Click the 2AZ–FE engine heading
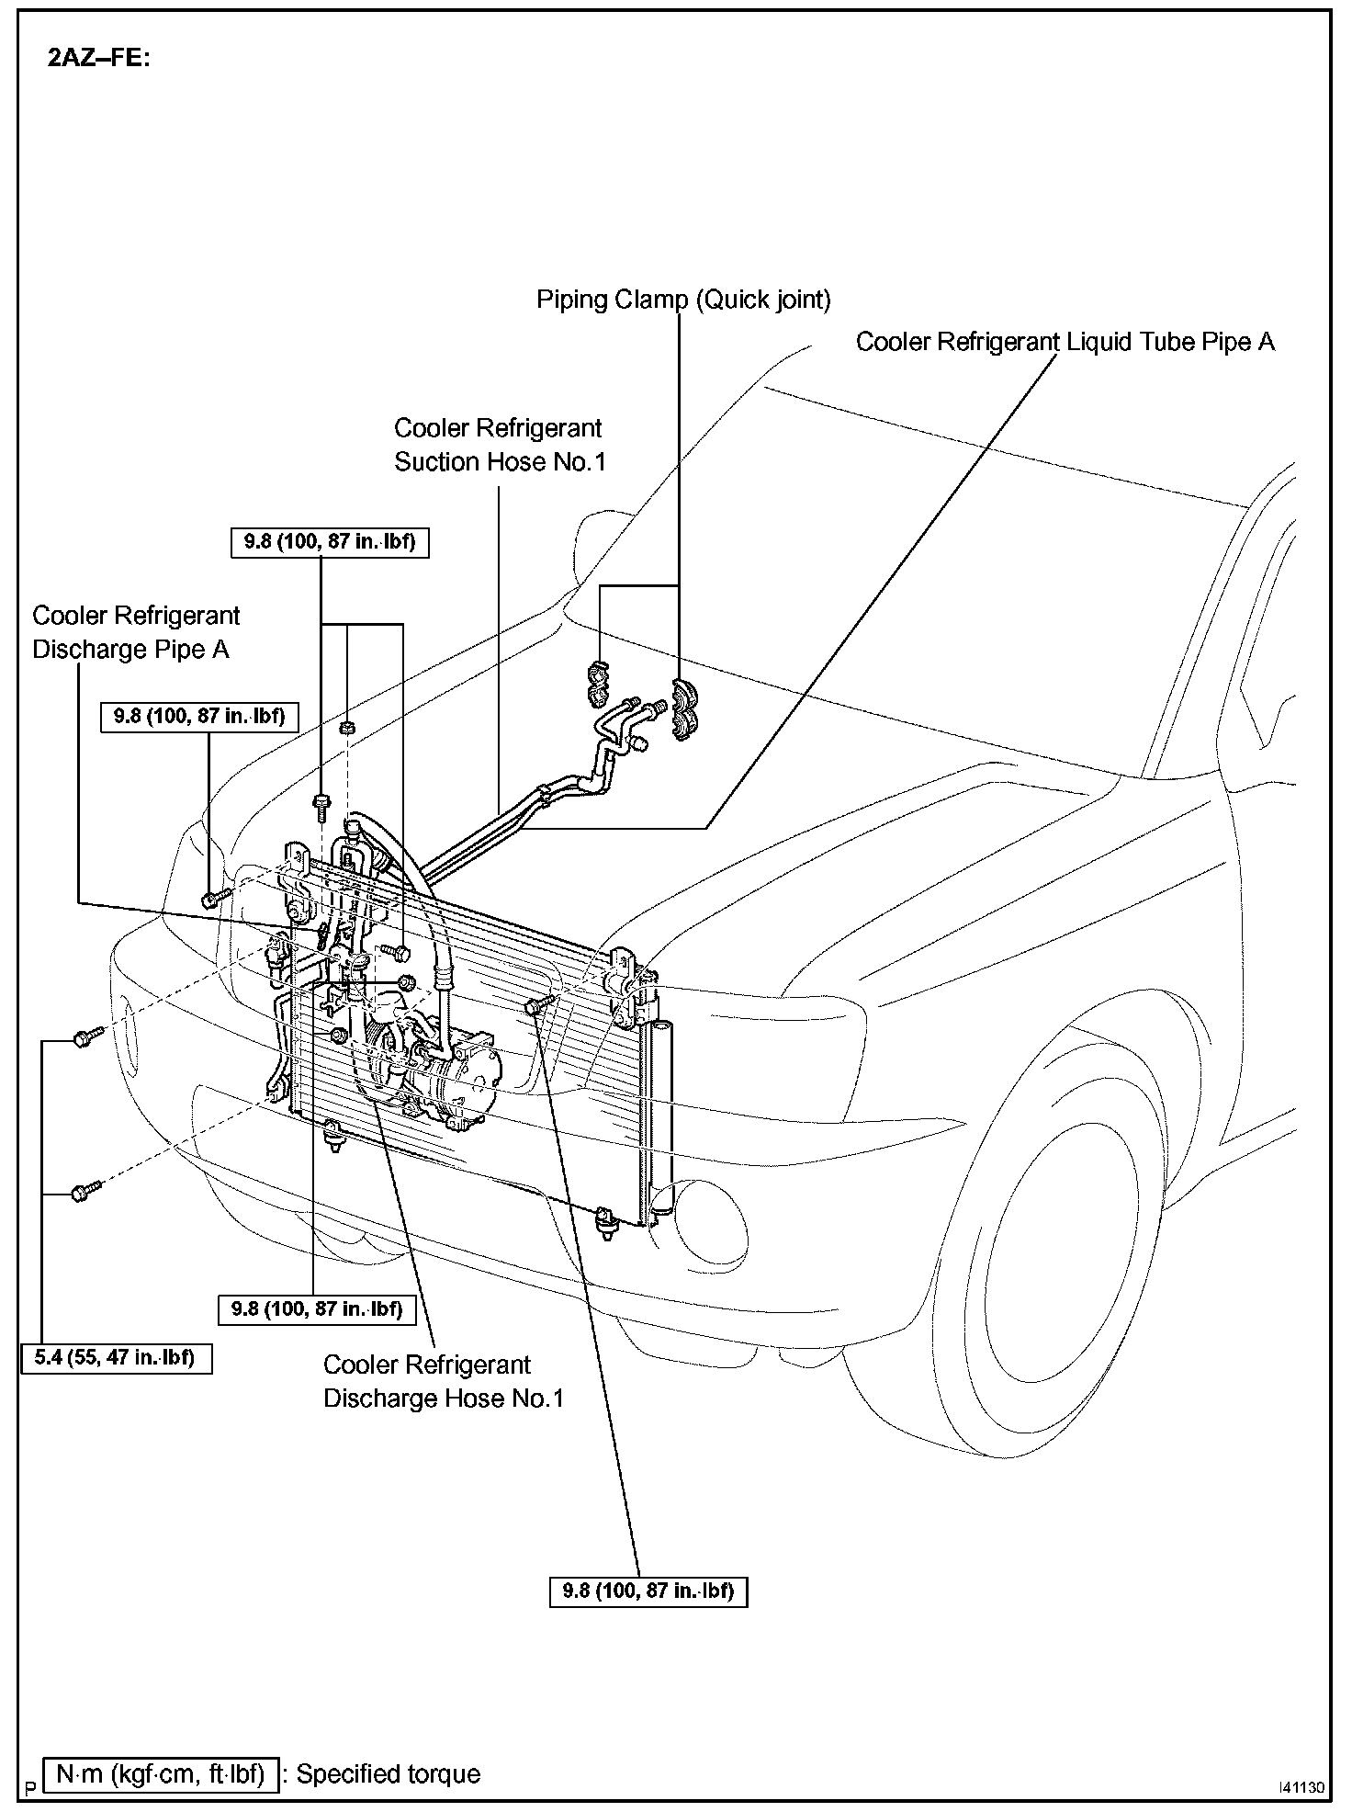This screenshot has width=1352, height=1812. [x=98, y=59]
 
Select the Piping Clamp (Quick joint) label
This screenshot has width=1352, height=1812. [x=683, y=300]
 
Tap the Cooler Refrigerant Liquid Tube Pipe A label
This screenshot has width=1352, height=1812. [x=1065, y=342]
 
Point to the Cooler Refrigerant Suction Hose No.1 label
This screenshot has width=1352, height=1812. [x=500, y=445]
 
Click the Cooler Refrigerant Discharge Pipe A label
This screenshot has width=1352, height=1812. [x=136, y=632]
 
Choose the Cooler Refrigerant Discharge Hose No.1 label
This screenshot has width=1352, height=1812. [x=443, y=1381]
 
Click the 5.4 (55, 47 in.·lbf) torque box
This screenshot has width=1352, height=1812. [x=117, y=1358]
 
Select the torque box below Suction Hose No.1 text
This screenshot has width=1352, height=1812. [x=329, y=542]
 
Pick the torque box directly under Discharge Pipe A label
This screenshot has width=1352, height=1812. [x=199, y=716]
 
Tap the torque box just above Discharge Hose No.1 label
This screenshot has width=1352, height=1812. [x=317, y=1308]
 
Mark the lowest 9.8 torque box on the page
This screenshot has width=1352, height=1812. [x=648, y=1591]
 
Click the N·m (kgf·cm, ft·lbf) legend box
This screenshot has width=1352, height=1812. [x=160, y=1772]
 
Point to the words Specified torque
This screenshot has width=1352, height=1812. [x=388, y=1773]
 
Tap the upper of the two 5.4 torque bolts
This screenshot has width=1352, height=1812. [x=84, y=1039]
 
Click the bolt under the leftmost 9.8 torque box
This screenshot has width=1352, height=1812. [x=212, y=897]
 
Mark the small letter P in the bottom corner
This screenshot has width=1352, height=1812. [x=30, y=1788]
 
